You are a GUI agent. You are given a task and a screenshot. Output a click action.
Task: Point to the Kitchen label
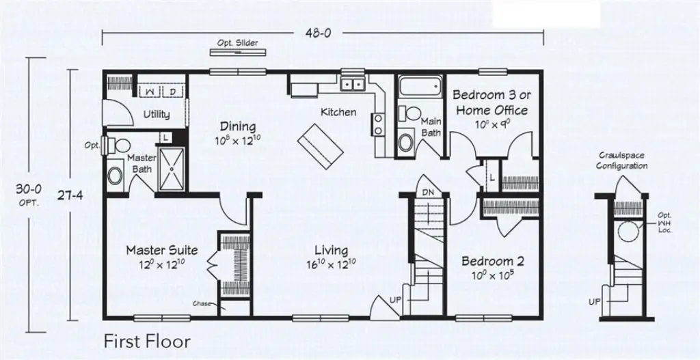pos(338,112)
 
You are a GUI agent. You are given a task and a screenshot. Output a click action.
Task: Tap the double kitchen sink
pos(353,84)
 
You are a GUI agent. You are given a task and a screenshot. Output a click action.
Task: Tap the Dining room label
pos(237,126)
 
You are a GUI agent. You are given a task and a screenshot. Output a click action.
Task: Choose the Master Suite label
pos(162,250)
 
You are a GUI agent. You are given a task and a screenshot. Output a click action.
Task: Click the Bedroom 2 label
pos(492,261)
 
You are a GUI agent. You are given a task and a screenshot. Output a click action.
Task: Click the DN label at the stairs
pos(429,193)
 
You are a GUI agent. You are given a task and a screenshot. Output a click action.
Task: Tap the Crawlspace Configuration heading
pos(621,161)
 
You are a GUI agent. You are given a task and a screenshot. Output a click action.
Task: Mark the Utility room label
pos(157,115)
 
